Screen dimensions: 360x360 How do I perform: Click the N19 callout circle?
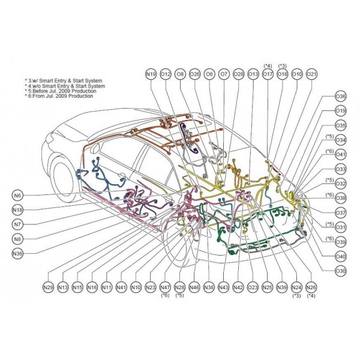(151, 74)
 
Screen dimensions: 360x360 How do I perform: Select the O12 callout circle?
(165, 74)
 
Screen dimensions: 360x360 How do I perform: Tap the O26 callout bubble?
(194, 74)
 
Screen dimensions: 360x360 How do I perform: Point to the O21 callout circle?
(311, 74)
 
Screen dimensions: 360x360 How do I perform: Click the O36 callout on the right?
(340, 96)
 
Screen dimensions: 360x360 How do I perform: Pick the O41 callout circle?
(340, 154)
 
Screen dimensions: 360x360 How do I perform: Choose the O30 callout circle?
(340, 271)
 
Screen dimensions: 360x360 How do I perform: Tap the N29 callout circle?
(48, 287)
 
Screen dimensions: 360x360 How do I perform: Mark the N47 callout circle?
(165, 287)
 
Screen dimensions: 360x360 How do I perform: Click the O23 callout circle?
(253, 287)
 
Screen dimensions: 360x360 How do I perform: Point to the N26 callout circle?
(311, 287)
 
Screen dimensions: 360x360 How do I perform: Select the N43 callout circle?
(223, 287)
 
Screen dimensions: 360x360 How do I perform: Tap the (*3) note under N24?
(296, 296)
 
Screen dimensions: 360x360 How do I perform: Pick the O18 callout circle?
(282, 74)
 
